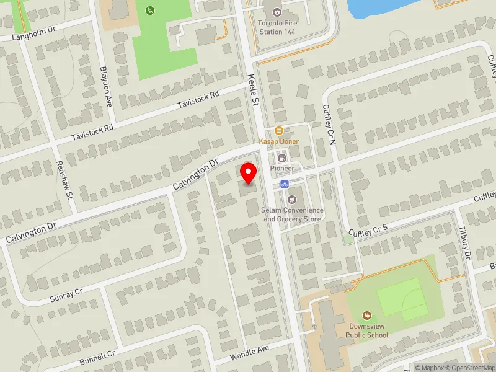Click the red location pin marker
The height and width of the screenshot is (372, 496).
(249, 173)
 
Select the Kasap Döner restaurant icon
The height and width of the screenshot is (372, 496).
(279, 131)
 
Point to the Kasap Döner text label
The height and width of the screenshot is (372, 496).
(279, 141)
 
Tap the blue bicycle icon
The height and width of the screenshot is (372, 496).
(284, 184)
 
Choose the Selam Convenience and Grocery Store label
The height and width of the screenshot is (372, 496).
(293, 215)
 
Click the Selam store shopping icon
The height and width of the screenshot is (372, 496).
(292, 199)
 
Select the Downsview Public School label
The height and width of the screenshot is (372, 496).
(367, 331)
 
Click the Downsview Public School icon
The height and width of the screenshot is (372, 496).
(367, 316)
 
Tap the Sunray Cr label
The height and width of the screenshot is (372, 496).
(66, 295)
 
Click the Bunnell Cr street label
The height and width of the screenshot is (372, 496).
(97, 358)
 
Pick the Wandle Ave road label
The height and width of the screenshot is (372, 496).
(249, 353)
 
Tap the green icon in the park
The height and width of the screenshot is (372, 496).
(149, 10)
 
